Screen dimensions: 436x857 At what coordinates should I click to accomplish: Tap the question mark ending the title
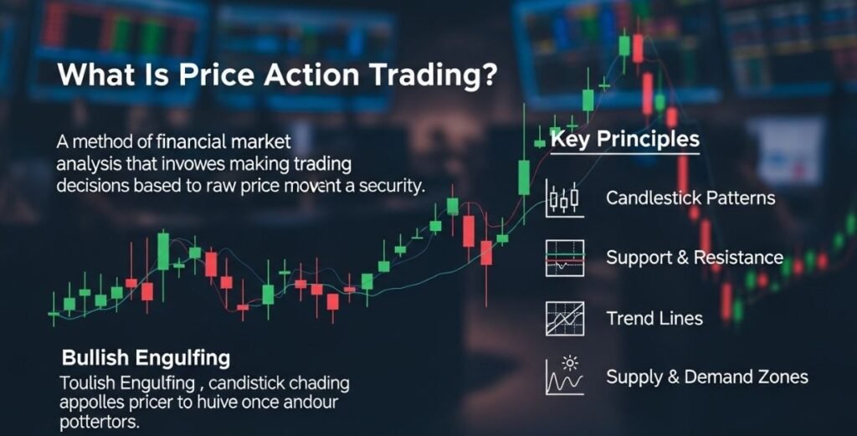pyautogui.click(x=488, y=74)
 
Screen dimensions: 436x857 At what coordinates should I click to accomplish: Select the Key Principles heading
pyautogui.click(x=624, y=138)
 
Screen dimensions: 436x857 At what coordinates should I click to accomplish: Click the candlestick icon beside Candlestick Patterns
pyautogui.click(x=562, y=198)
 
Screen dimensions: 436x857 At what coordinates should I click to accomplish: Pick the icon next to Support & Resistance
pyautogui.click(x=562, y=258)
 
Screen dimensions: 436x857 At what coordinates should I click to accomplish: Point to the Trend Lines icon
pyautogui.click(x=562, y=318)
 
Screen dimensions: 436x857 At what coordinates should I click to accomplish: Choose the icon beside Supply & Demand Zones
pyautogui.click(x=562, y=376)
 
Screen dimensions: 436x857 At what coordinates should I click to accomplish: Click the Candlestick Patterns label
pyautogui.click(x=690, y=198)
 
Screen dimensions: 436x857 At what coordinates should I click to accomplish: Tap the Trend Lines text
pyautogui.click(x=654, y=318)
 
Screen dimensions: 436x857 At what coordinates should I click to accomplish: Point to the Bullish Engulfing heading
pyautogui.click(x=146, y=359)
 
